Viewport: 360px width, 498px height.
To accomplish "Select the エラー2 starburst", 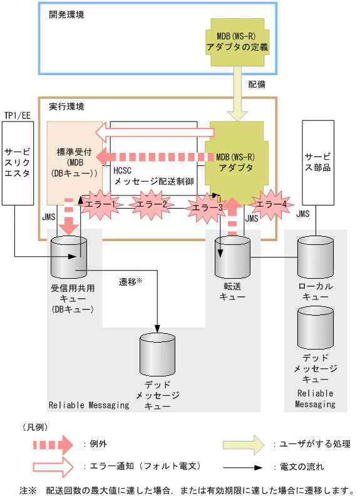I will (152, 204).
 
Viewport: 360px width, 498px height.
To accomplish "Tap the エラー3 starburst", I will (207, 207).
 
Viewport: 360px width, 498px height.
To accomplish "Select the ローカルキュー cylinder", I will (316, 257).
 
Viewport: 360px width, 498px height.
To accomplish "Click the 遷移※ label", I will (131, 283).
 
